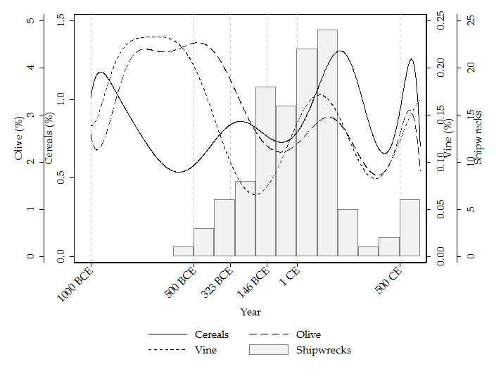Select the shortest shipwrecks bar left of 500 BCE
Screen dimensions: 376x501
coord(183,251)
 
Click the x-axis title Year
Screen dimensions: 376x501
coord(250,312)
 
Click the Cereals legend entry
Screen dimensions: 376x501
coord(211,334)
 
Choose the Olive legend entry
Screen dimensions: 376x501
coord(308,334)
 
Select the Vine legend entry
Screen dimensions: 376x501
coord(205,350)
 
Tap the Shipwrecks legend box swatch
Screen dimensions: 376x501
coord(268,350)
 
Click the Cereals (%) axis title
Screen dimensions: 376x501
coord(50,138)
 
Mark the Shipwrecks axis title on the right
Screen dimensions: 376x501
coord(478,138)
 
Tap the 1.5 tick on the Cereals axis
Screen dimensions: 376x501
coord(61,20)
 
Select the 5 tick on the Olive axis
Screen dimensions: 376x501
coord(30,20)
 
